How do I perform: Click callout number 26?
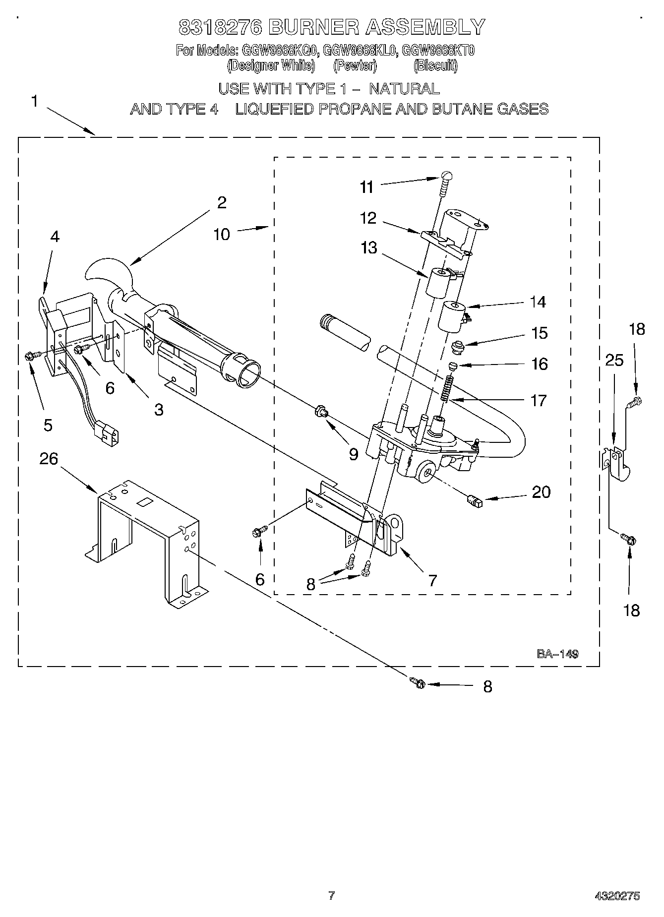point(49,459)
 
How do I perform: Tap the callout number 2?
point(222,202)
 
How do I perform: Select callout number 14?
point(538,302)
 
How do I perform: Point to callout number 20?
point(541,492)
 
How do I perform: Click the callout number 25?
point(614,360)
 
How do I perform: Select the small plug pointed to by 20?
point(475,501)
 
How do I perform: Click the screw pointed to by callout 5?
point(29,355)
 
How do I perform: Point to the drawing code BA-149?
point(557,654)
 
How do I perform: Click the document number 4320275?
point(617,896)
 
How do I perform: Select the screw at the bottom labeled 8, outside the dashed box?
point(418,683)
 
